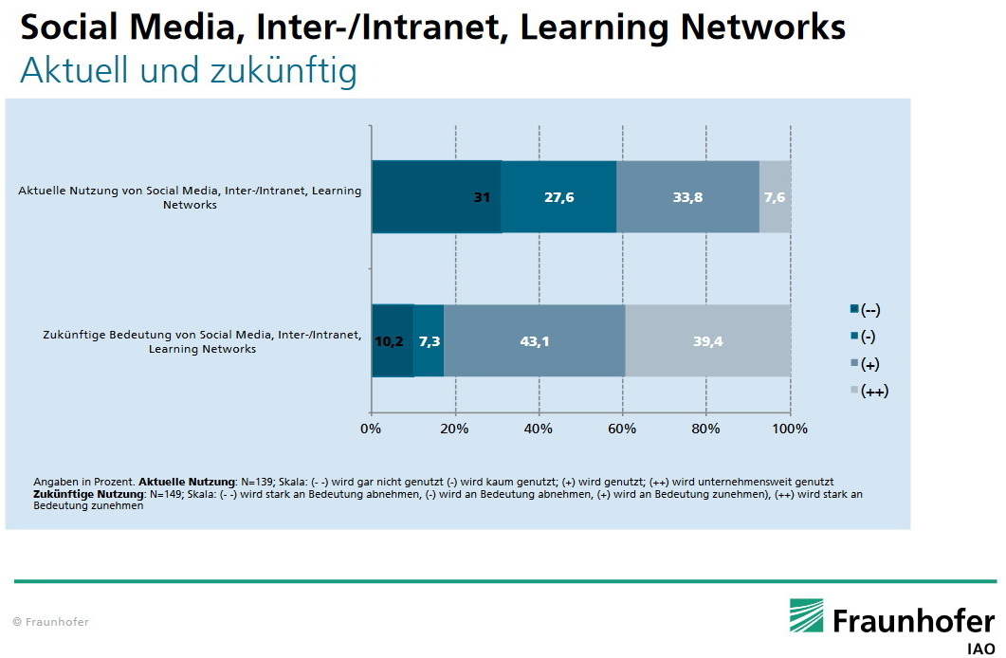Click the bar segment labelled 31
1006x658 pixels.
436,197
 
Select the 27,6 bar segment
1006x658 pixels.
558,197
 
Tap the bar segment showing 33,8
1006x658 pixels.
687,197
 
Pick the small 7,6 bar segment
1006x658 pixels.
775,197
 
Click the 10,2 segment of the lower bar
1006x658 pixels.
392,341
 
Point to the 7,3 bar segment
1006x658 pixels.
429,341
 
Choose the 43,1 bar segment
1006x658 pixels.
535,341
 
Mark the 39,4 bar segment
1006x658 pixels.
707,341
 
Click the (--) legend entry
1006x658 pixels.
869,309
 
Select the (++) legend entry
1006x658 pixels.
872,391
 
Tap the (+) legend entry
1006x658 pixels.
869,363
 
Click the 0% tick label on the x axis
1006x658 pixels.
372,429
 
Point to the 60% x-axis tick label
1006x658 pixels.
622,429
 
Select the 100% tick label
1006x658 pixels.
790,429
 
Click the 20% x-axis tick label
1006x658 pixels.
455,429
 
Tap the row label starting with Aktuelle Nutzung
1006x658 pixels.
190,197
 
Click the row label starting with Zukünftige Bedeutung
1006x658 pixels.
202,341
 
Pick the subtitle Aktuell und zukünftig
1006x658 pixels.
188,71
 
